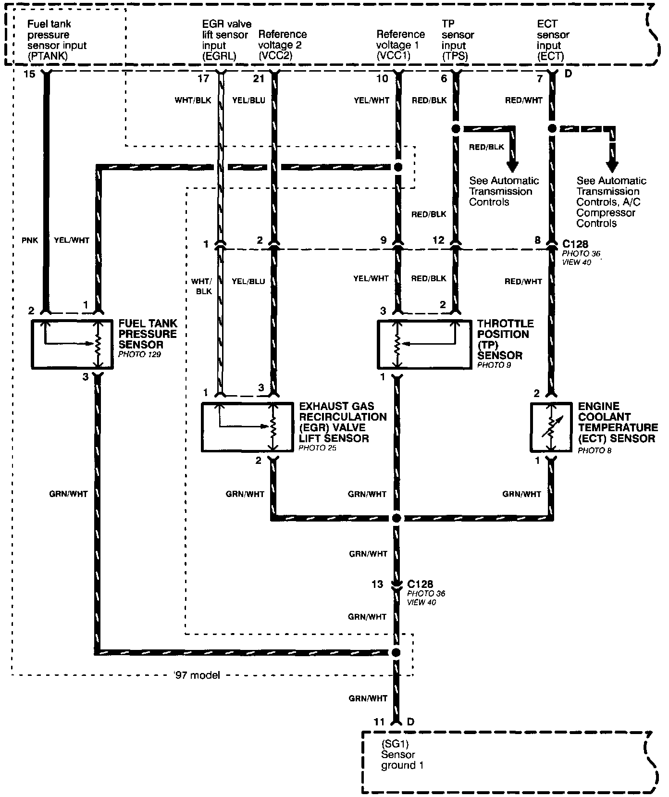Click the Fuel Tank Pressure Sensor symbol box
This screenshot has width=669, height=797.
72,344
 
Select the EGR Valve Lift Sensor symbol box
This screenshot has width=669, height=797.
247,427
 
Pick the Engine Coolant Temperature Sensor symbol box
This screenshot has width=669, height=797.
551,427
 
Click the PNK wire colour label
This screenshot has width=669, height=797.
29,240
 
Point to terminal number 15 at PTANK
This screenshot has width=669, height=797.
29,75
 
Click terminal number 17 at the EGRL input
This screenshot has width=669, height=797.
204,78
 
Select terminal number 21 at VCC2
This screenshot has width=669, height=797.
259,78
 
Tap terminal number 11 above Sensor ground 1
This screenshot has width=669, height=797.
379,722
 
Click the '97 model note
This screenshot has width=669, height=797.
197,675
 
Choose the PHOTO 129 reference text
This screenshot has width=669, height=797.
139,354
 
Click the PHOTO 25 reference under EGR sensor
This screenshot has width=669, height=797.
317,448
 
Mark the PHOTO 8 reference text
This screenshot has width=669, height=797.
595,451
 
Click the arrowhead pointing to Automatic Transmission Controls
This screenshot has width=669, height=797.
513,166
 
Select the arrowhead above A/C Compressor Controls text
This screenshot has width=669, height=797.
612,166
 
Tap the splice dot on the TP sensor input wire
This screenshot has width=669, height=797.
456,129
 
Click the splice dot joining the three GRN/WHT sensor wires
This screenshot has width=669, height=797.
396,518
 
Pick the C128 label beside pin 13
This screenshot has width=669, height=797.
420,584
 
